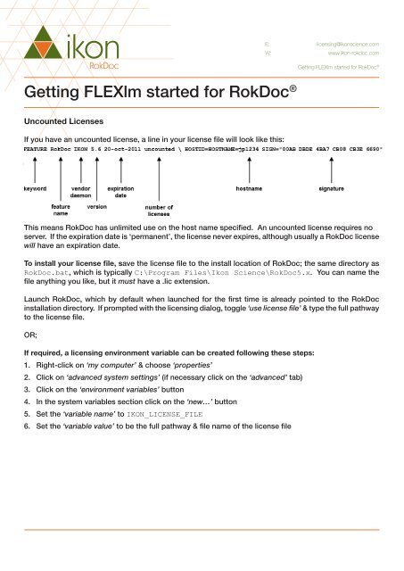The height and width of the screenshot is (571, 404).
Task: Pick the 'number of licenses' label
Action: (159, 211)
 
